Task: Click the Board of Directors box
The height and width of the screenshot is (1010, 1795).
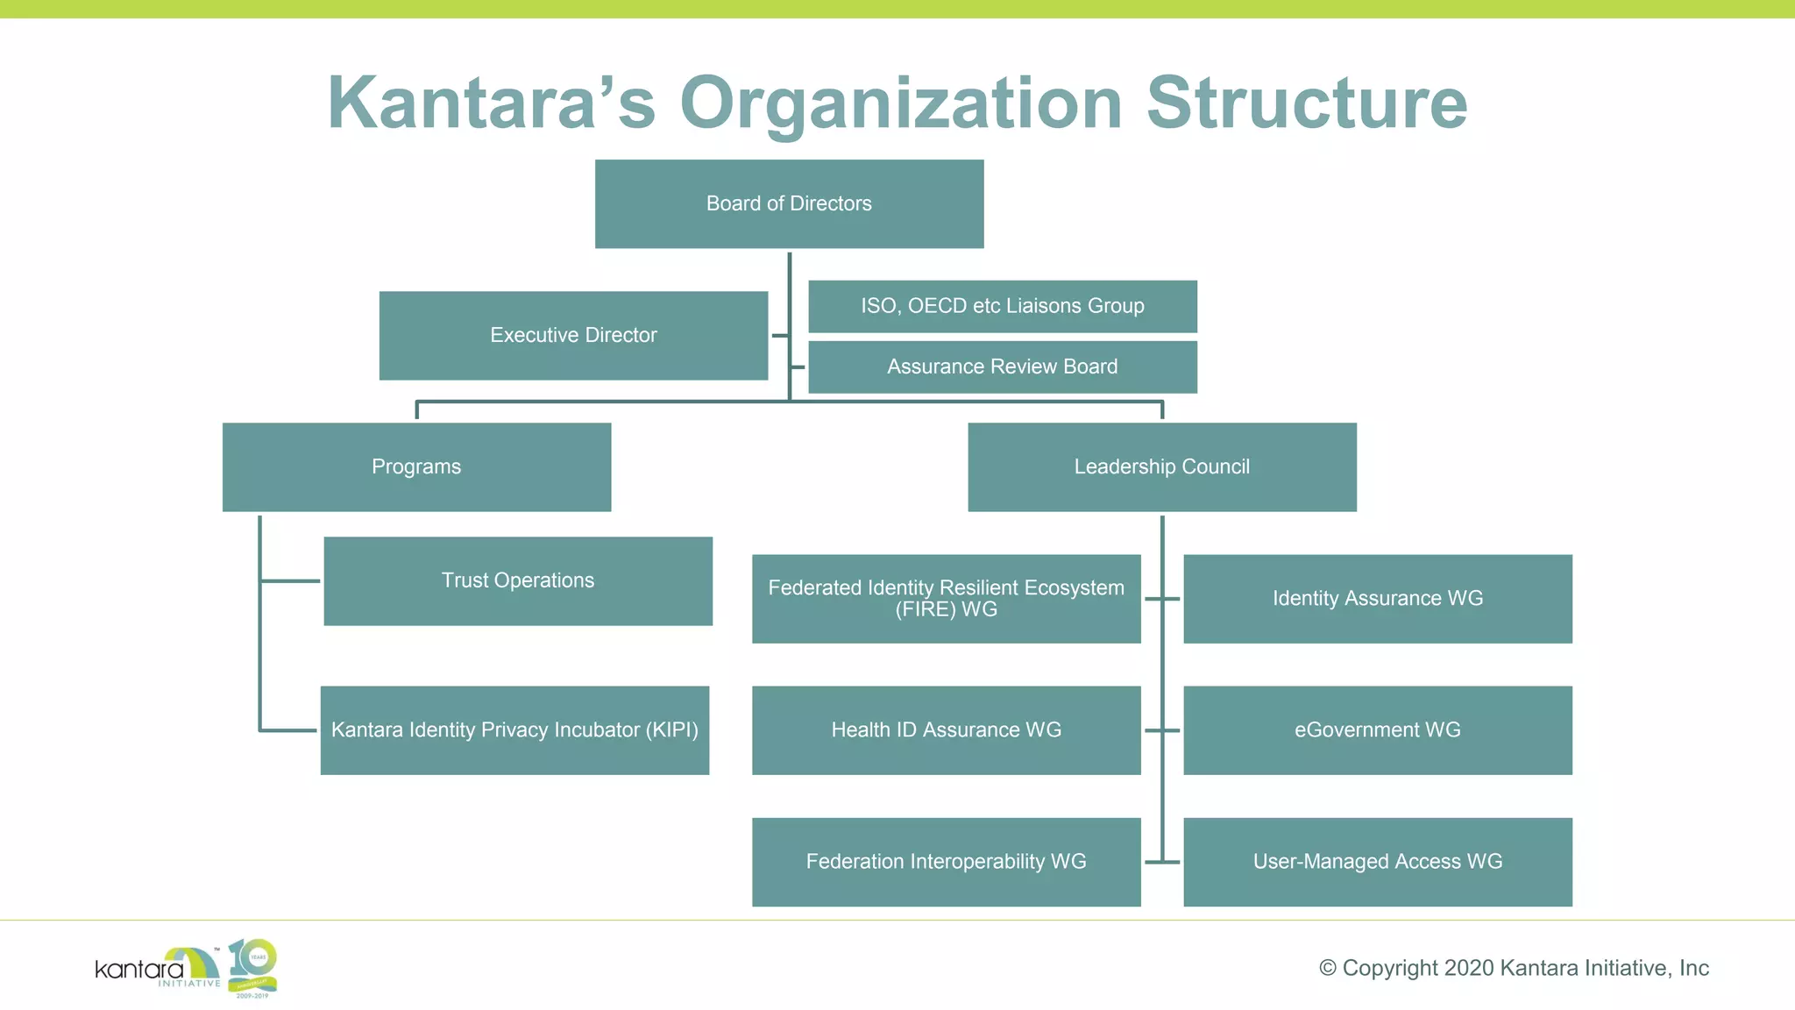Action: (789, 203)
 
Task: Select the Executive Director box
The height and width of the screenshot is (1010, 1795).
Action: (573, 335)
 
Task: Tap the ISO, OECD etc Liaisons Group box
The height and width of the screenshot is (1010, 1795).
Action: (1002, 306)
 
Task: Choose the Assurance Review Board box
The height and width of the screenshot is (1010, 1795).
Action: (1002, 366)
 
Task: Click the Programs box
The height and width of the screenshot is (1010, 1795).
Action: (416, 466)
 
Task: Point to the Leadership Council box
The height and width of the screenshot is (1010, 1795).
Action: (1161, 466)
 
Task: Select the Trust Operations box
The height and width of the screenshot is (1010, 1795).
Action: (517, 580)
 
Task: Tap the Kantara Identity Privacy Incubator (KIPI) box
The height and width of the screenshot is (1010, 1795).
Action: (514, 729)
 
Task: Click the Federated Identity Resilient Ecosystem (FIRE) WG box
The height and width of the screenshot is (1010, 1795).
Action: (946, 598)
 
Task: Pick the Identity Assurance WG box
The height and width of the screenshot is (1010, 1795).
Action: (1377, 598)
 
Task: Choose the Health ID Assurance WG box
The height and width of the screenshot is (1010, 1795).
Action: (946, 729)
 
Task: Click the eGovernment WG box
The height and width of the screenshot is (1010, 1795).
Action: (1377, 729)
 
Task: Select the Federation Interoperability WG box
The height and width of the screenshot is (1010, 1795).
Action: (946, 861)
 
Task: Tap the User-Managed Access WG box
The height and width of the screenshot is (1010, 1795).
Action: (1377, 861)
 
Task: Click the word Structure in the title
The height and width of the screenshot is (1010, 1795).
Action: (1306, 103)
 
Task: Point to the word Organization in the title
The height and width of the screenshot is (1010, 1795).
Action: (900, 103)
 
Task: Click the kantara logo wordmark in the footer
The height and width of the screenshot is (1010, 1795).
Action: (140, 970)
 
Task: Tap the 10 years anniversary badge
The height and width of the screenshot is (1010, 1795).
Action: (252, 967)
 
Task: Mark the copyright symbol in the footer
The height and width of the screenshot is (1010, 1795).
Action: (1328, 968)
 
